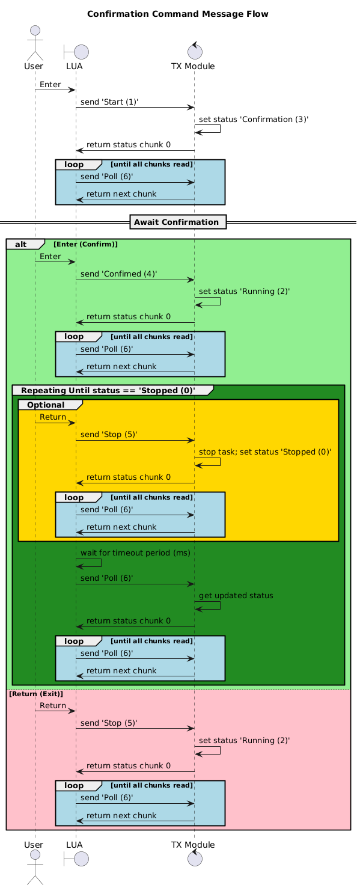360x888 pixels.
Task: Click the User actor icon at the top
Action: point(34,43)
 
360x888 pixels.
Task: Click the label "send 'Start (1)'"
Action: point(109,102)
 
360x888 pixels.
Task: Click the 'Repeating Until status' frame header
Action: point(112,390)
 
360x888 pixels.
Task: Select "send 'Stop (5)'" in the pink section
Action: point(108,723)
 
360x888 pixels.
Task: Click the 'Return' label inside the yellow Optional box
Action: point(53,417)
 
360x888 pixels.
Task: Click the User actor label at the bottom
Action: point(34,844)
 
